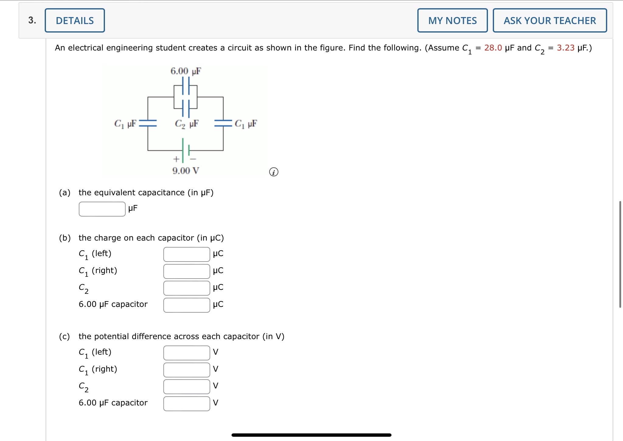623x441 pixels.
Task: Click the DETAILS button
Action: pyautogui.click(x=75, y=20)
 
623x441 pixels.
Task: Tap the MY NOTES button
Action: pyautogui.click(x=452, y=20)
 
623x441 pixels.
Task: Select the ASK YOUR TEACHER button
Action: pyautogui.click(x=550, y=20)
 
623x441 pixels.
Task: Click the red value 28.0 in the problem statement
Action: pyautogui.click(x=493, y=48)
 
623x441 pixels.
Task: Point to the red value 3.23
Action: pyautogui.click(x=566, y=48)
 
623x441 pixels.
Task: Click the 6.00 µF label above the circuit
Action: pyautogui.click(x=186, y=71)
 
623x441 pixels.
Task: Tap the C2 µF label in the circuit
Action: pyautogui.click(x=186, y=124)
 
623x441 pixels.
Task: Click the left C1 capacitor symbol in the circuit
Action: pyautogui.click(x=148, y=123)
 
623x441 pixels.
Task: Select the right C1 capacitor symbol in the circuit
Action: pyautogui.click(x=223, y=123)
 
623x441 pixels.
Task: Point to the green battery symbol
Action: pyautogui.click(x=186, y=150)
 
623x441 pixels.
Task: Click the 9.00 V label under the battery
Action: pyautogui.click(x=186, y=171)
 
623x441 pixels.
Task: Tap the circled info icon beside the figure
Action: pyautogui.click(x=273, y=172)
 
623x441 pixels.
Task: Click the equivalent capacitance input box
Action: pyautogui.click(x=102, y=209)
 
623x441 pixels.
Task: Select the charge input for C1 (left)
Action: pyautogui.click(x=186, y=254)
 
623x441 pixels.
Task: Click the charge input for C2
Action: pyautogui.click(x=186, y=288)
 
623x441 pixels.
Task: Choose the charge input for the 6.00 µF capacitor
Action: pyautogui.click(x=186, y=305)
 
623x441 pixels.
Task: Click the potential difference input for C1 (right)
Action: pyautogui.click(x=186, y=370)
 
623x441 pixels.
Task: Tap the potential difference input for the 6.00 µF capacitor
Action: pyautogui.click(x=186, y=404)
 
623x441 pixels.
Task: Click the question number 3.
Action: pyautogui.click(x=32, y=20)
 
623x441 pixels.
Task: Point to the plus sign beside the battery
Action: pyautogui.click(x=176, y=159)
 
